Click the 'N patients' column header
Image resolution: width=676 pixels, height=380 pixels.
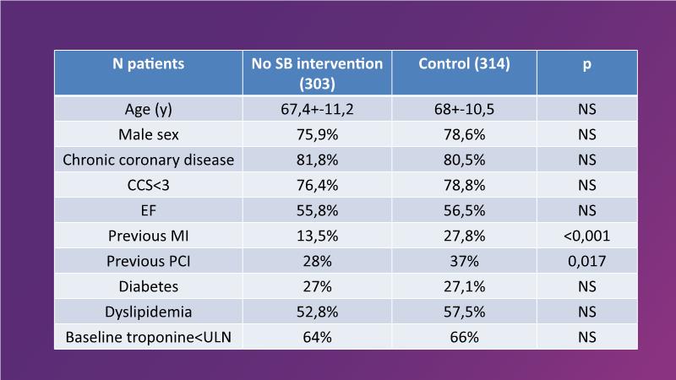point(149,63)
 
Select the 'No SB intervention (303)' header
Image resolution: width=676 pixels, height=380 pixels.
point(317,73)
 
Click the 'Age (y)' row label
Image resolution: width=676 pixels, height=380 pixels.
point(149,110)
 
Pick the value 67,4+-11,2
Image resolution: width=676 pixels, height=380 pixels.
point(317,110)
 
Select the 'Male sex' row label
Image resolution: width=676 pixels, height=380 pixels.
point(149,133)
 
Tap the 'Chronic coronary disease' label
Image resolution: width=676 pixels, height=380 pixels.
point(149,159)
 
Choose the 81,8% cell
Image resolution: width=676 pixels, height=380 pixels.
point(317,159)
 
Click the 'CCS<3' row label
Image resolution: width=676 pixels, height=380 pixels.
point(149,184)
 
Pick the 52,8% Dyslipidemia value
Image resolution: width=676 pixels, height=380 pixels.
point(317,311)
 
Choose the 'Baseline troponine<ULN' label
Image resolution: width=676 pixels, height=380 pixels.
point(149,336)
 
